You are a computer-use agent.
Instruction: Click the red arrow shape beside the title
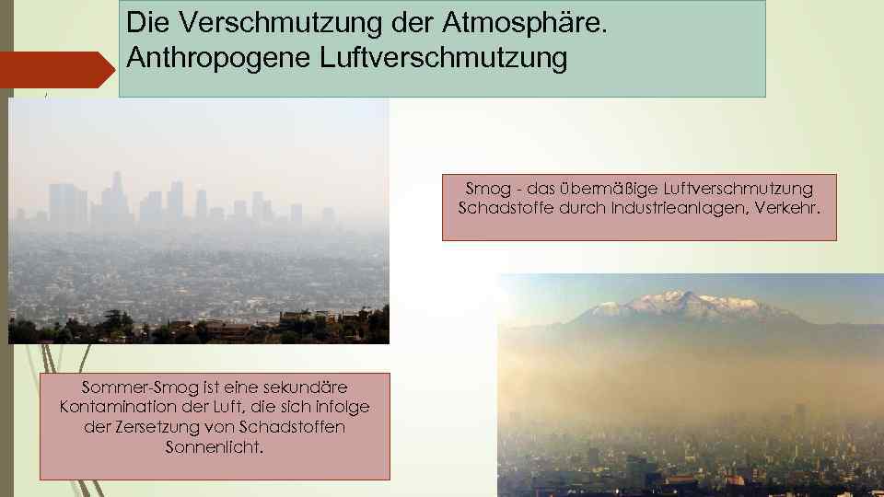(55, 70)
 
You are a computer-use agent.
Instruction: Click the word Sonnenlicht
(214, 447)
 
